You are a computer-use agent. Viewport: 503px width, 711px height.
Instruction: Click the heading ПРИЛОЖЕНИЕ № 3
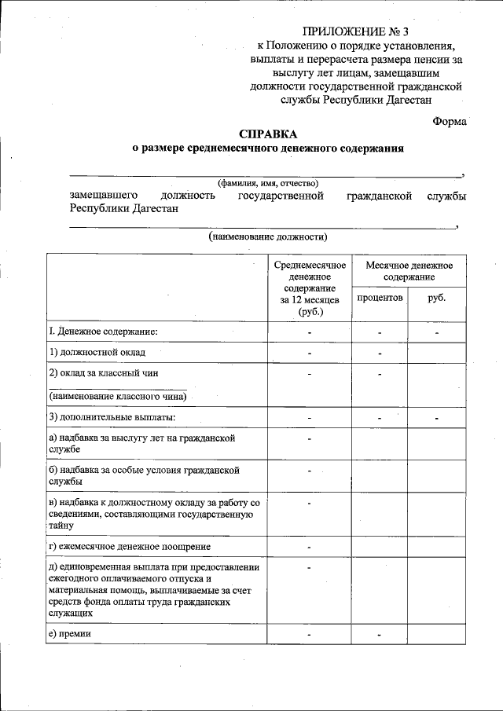[x=355, y=32]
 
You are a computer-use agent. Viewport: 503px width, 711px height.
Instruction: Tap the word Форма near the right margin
[x=450, y=121]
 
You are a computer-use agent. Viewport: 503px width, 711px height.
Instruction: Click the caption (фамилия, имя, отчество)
[x=267, y=183]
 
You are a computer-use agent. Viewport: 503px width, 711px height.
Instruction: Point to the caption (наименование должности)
[x=267, y=236]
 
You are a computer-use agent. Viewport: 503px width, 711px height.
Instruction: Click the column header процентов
[x=380, y=299]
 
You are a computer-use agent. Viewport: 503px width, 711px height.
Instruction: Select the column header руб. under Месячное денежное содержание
[x=436, y=299]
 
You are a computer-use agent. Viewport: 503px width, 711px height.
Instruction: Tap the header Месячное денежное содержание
[x=409, y=272]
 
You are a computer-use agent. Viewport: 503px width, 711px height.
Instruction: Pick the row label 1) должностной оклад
[x=97, y=353]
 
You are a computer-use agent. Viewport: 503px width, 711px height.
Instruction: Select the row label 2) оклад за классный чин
[x=108, y=372]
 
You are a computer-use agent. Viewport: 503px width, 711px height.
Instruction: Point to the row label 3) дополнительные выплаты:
[x=112, y=416]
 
